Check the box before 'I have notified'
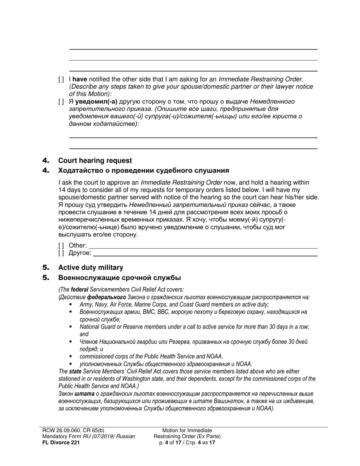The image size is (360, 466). [x=61, y=80]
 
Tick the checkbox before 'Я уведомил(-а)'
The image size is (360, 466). [x=61, y=102]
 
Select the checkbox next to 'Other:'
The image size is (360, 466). [x=61, y=246]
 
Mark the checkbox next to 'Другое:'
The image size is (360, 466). [x=61, y=253]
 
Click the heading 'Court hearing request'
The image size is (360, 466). [x=95, y=161]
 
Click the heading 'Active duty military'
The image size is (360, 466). [x=91, y=268]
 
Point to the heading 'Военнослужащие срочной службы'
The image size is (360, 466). [x=119, y=278]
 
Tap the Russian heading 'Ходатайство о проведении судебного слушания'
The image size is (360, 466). [x=144, y=170]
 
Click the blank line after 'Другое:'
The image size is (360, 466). [x=205, y=254]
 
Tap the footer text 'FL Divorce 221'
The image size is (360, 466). [x=61, y=442]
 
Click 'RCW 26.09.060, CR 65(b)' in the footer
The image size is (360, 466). [x=73, y=431]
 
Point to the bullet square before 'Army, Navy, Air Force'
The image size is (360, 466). [x=71, y=305]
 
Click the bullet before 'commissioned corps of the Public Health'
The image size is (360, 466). [x=71, y=357]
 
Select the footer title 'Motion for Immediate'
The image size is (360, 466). [x=187, y=431]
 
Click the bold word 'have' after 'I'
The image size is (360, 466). [x=80, y=80]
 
